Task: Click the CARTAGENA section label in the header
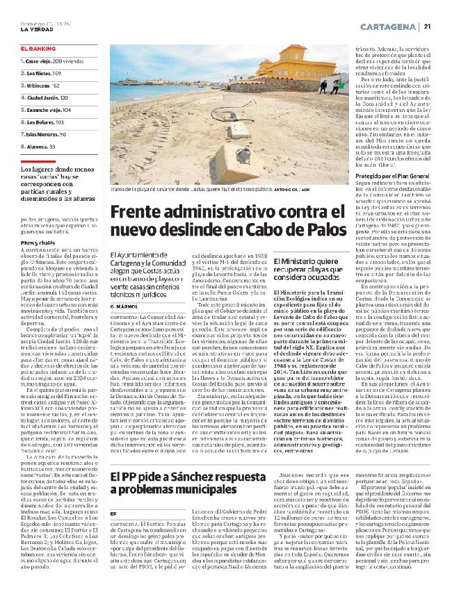click(390, 26)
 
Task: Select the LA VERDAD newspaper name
click(35, 28)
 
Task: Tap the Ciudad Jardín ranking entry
click(50, 98)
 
